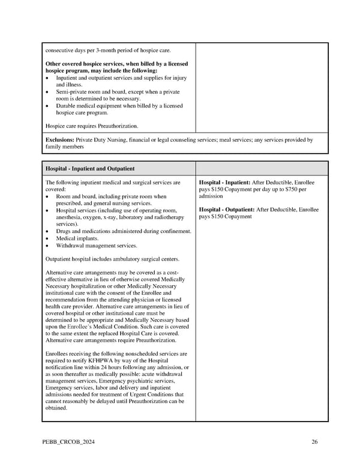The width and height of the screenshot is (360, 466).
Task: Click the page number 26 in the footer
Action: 314,443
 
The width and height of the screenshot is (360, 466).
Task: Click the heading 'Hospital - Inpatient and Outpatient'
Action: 90,169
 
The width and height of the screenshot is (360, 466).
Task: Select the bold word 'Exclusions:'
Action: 59,140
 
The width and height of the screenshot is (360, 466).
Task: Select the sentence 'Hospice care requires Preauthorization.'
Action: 92,126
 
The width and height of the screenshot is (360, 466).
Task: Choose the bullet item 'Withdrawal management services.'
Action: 96,245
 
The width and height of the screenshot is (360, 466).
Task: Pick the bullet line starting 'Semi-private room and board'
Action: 118,92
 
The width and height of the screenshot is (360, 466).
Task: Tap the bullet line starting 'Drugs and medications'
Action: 124,231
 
